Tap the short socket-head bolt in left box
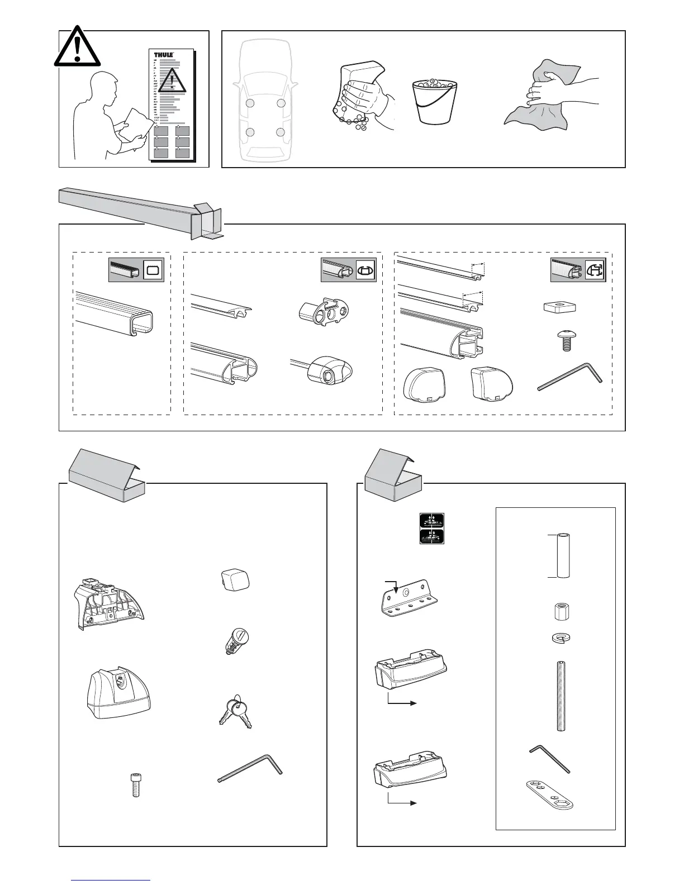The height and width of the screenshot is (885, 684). tap(135, 784)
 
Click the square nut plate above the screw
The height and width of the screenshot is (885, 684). tap(560, 308)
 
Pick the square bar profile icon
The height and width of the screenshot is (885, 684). tap(153, 271)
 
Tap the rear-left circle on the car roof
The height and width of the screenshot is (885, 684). tap(250, 132)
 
